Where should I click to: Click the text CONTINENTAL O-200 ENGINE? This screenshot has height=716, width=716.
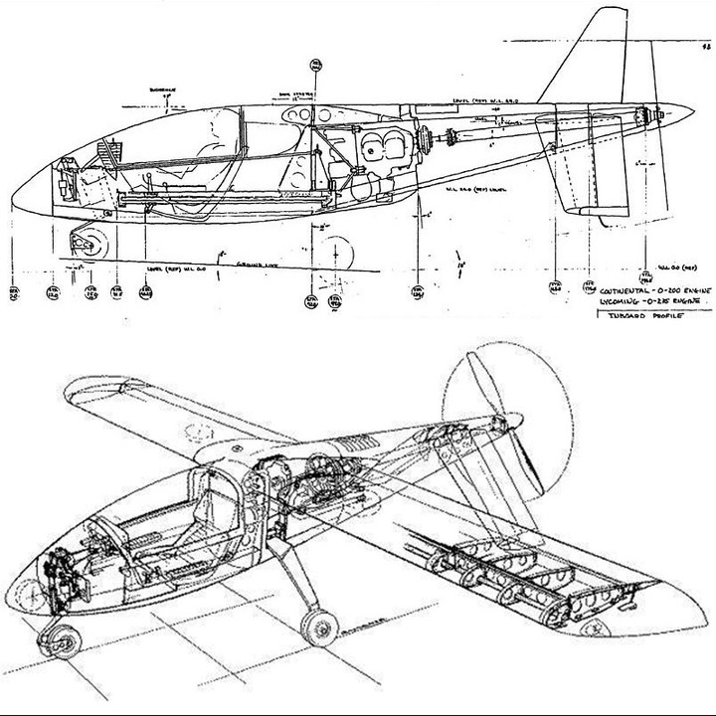point(649,290)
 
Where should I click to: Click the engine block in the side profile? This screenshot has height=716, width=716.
point(382,149)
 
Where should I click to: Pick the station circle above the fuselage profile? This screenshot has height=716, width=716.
point(317,67)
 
